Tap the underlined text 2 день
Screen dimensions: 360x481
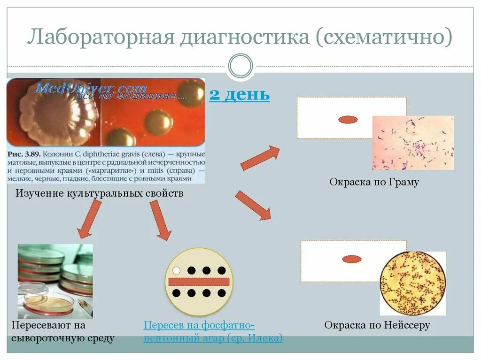click(x=239, y=94)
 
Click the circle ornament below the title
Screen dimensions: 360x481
click(x=240, y=65)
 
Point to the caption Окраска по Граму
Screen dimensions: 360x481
click(x=374, y=182)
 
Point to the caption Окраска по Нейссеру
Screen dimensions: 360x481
click(x=377, y=325)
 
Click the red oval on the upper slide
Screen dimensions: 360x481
click(x=348, y=120)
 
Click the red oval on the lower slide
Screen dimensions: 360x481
click(x=351, y=259)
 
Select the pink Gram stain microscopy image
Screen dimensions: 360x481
click(x=413, y=143)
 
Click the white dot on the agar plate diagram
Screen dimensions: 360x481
click(x=176, y=270)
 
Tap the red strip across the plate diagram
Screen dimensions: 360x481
click(x=199, y=282)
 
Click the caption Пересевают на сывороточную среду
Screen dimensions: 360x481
click(x=63, y=331)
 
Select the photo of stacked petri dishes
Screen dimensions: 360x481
click(x=55, y=281)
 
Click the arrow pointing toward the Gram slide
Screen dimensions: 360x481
click(x=260, y=158)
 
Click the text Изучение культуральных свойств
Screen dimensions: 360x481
click(x=100, y=193)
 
